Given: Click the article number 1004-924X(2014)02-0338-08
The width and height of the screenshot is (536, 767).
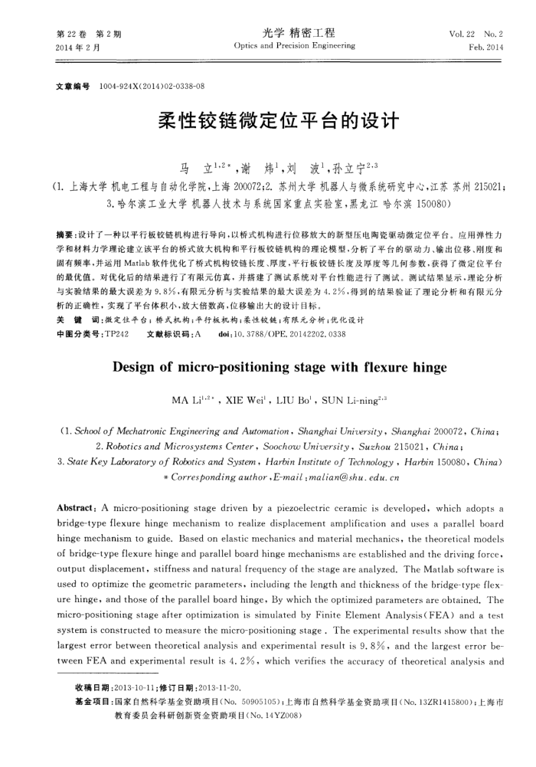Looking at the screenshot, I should [x=152, y=87].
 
